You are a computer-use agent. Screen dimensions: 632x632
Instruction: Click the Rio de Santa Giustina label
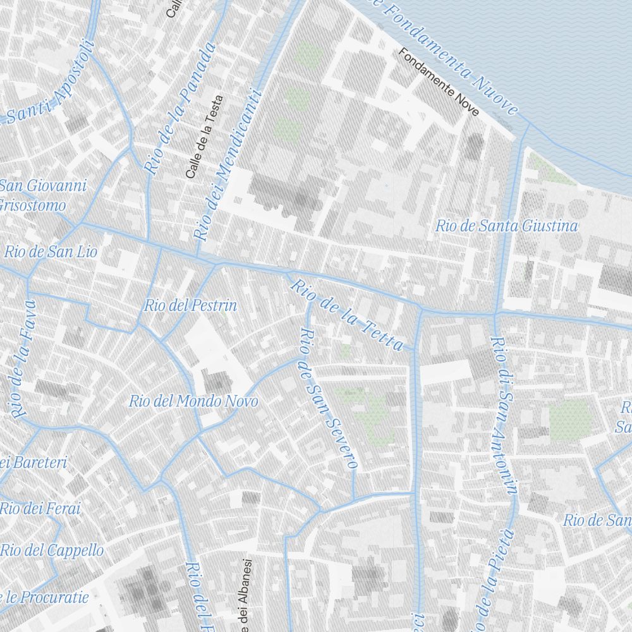[506, 226]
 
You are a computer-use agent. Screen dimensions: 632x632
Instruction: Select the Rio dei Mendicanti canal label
[228, 166]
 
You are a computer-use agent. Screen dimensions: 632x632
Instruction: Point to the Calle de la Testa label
[204, 136]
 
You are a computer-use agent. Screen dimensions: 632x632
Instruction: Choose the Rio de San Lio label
[51, 252]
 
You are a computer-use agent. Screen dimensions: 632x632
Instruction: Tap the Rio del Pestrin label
[190, 306]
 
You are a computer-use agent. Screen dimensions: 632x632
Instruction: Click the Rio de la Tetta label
[346, 315]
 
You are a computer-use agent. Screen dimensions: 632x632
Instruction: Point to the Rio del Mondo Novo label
[193, 401]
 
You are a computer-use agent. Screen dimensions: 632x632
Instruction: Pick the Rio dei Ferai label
[40, 508]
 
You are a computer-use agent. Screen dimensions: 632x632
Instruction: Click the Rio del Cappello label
[52, 550]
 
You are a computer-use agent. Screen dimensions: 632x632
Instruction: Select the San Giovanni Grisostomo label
[42, 195]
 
